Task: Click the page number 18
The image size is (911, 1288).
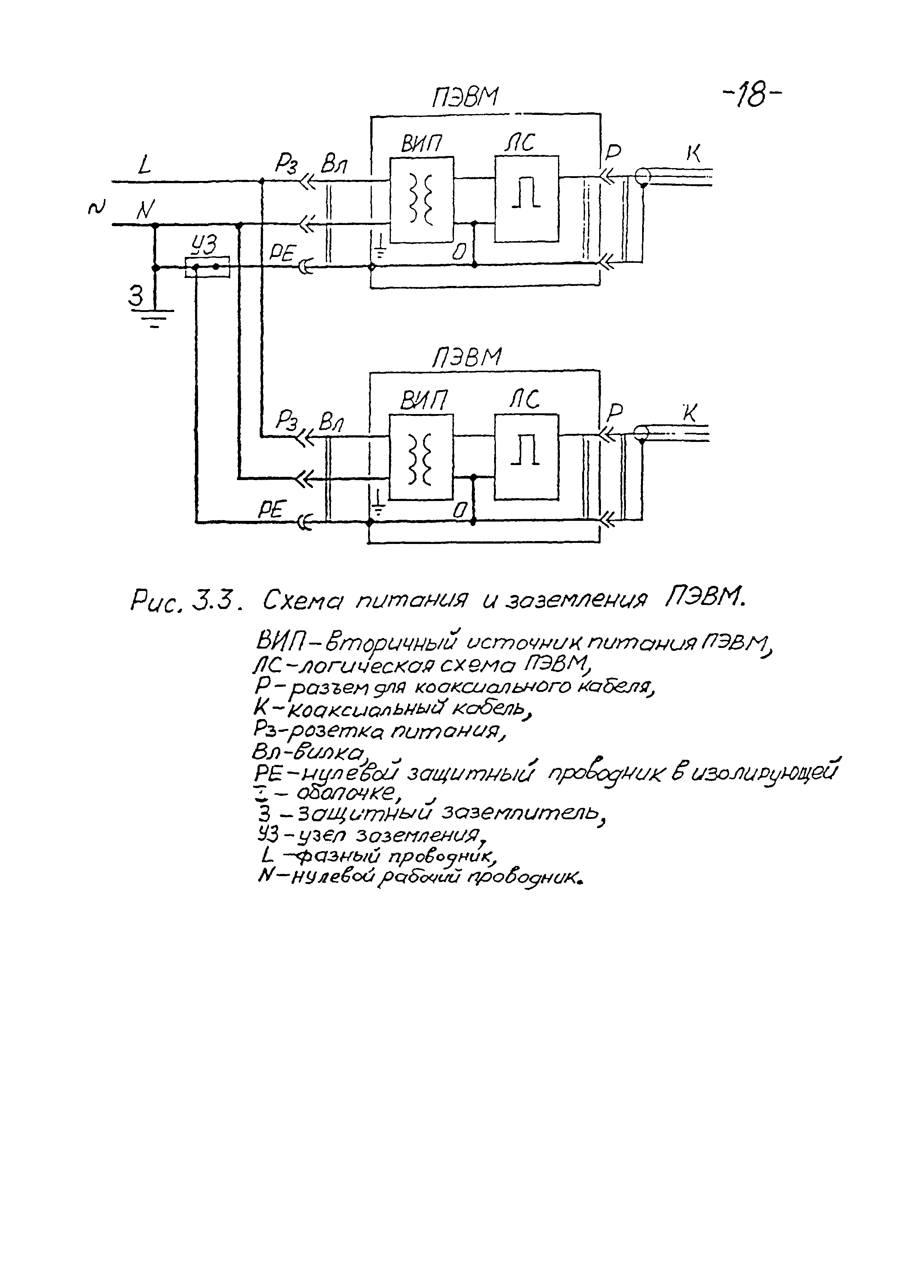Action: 751,96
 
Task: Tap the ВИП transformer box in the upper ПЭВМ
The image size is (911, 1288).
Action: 422,200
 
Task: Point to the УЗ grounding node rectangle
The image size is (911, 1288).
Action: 207,267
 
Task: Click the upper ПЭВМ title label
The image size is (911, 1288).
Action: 465,99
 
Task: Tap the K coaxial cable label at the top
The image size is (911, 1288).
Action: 694,153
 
